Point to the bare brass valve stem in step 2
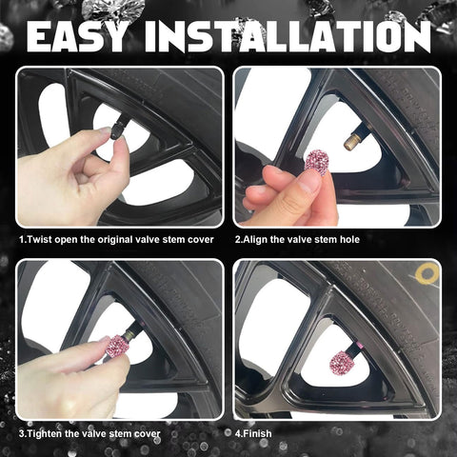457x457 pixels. [x=352, y=142]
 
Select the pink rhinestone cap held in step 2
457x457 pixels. [x=317, y=161]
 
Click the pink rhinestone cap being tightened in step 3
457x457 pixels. [x=117, y=347]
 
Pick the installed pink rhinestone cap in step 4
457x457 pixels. [x=340, y=363]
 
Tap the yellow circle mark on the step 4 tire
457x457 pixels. [x=427, y=274]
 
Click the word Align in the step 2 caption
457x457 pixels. [x=255, y=240]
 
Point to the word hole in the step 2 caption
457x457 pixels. [x=349, y=239]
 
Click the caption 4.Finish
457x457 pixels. [x=253, y=433]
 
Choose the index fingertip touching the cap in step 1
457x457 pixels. [x=104, y=130]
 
